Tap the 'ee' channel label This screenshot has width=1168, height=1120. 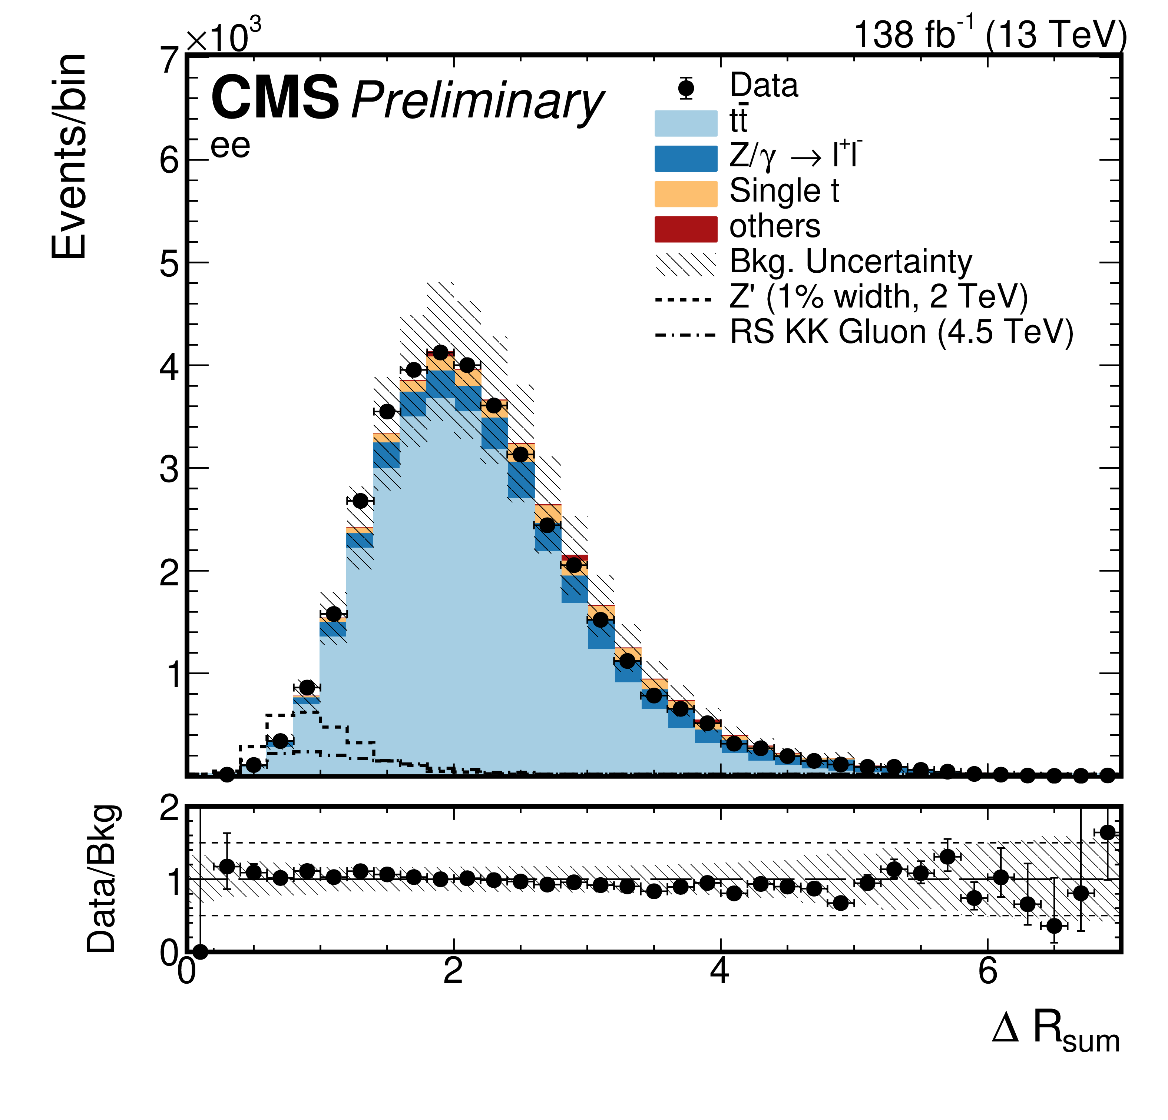pos(230,147)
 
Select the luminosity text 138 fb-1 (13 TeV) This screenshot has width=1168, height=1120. pos(990,34)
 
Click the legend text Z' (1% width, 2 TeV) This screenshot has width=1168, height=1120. pos(879,297)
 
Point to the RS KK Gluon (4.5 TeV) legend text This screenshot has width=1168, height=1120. pos(901,332)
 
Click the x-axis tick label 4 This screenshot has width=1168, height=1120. pos(721,972)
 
